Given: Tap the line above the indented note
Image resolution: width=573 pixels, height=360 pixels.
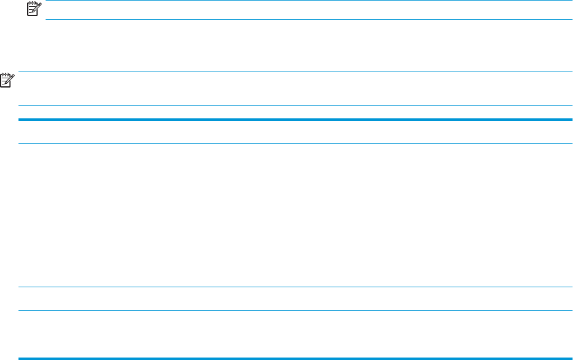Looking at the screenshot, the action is pos(308,1).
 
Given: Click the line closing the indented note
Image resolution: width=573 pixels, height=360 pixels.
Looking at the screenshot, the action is pos(308,18).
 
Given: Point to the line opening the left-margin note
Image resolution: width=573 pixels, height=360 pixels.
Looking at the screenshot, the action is pos(296,72).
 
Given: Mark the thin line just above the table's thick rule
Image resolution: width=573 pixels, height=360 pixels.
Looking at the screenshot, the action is pos(296,105).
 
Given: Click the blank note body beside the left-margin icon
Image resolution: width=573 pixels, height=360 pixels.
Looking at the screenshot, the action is pos(296,89).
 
